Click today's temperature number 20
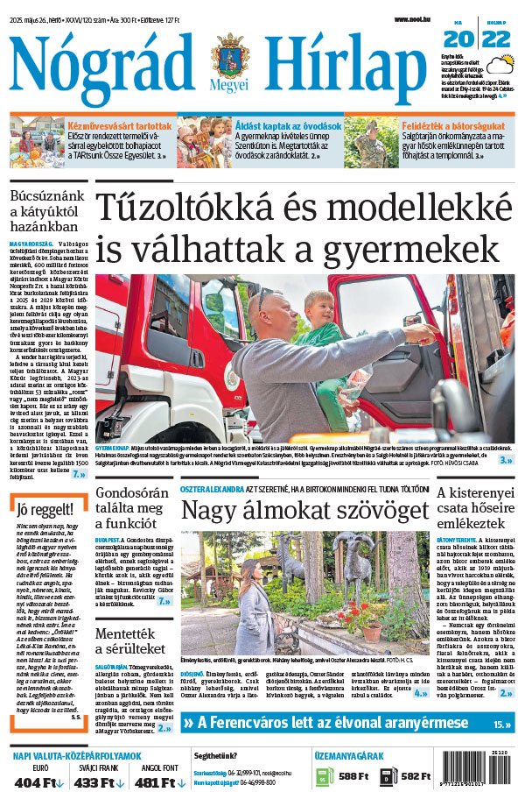coord(456,39)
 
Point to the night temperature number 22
coord(496,39)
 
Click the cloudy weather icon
coord(500,66)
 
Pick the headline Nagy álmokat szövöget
coord(304,511)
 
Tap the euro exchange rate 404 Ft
coord(39,781)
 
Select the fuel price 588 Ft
coord(353,776)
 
